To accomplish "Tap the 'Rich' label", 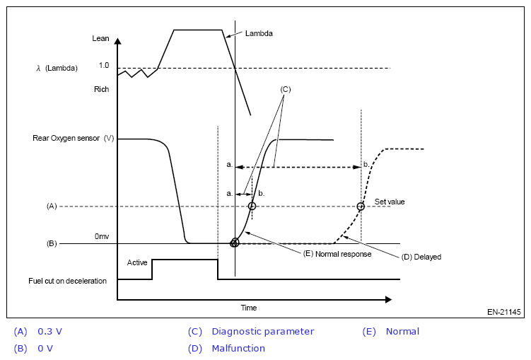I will coord(101,90).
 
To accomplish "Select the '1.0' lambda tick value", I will coord(104,66).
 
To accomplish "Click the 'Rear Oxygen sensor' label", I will coord(67,138).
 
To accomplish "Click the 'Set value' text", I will coord(390,202).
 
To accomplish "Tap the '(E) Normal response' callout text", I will coord(337,253).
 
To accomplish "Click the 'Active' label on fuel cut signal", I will coord(137,262).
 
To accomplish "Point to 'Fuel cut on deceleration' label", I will coord(67,281).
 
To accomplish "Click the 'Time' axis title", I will coord(248,308).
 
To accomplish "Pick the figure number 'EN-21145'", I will coord(503,311).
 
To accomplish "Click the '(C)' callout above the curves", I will coord(286,90).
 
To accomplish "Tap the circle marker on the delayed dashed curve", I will coord(361,207).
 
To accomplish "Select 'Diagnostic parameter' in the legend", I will coord(262,331).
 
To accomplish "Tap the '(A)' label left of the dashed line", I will coord(52,206).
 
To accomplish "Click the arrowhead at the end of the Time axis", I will coord(387,300).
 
